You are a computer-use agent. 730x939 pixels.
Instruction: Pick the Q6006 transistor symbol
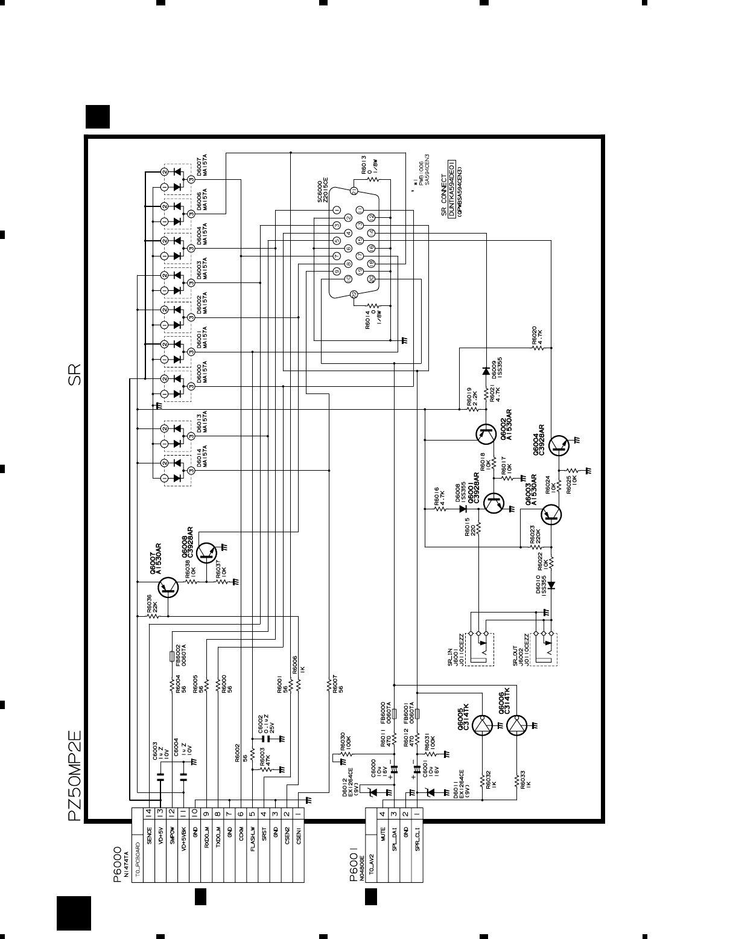coord(517,726)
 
